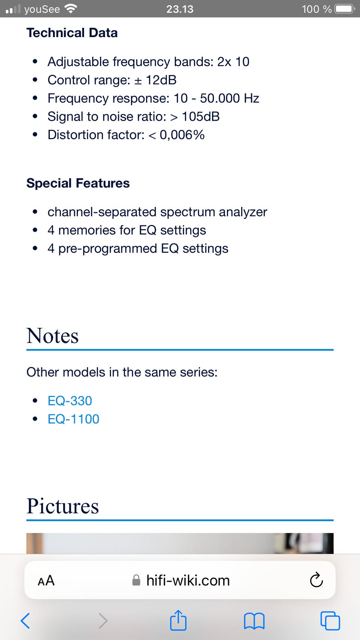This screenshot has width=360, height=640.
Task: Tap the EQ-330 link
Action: click(70, 400)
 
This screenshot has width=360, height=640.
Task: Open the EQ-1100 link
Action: click(73, 419)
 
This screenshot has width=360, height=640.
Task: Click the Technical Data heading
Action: click(72, 33)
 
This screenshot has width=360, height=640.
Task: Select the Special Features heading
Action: click(78, 183)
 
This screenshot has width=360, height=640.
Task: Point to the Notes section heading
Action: click(52, 336)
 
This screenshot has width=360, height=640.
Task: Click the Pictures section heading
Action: click(63, 506)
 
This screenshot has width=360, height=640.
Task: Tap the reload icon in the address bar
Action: click(316, 580)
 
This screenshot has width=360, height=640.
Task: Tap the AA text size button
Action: click(46, 580)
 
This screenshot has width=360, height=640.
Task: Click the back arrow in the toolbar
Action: click(25, 621)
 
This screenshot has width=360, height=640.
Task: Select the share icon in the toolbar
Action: click(178, 620)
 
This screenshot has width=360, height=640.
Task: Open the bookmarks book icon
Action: click(254, 621)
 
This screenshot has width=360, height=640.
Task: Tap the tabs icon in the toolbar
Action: click(330, 621)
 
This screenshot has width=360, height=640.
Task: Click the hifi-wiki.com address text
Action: click(188, 580)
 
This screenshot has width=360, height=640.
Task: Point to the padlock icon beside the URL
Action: click(136, 580)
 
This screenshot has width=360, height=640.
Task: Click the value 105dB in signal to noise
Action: click(201, 117)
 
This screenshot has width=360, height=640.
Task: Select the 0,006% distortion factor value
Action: click(182, 135)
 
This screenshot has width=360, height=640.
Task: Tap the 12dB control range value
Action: click(161, 80)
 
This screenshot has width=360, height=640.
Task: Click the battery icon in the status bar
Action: click(345, 9)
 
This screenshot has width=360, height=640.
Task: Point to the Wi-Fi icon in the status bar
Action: click(70, 9)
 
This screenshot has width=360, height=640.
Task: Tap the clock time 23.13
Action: click(180, 9)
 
